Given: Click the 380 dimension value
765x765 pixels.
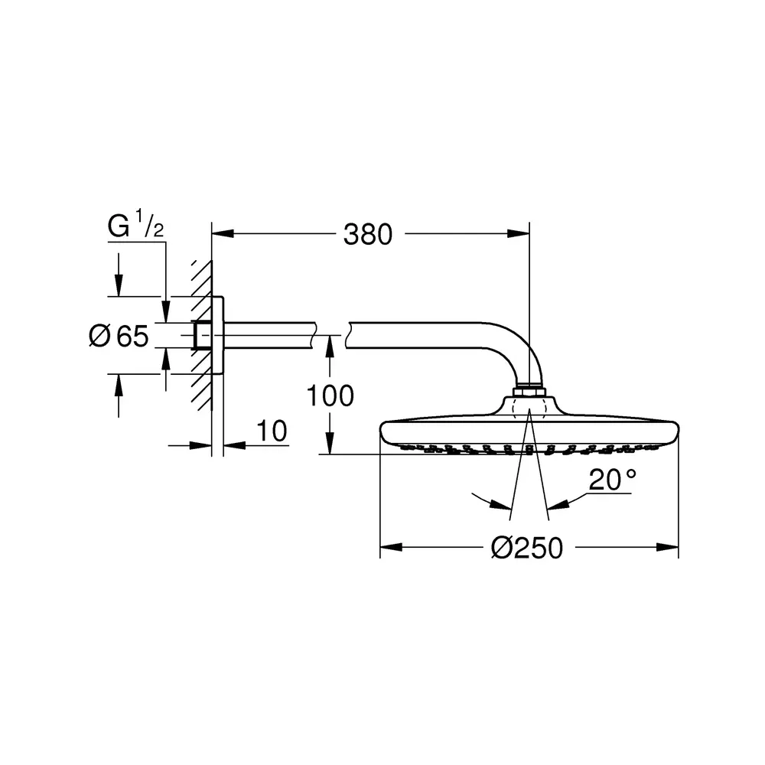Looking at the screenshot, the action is pos(368,235).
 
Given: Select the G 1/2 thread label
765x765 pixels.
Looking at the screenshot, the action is pos(135,226).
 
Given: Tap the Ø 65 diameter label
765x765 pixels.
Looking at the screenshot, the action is pos(119,336).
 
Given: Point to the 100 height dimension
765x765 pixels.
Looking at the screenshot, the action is pos(330,396).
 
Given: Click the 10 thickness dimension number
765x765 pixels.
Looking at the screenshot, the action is pos(272,431).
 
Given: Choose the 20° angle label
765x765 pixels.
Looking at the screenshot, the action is pos(612,480).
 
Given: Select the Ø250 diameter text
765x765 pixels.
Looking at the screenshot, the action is pos(527,548).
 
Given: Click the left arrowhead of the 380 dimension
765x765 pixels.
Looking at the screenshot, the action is pos(223,233).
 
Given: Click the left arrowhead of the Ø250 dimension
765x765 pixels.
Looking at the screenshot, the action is pos(391,548).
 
